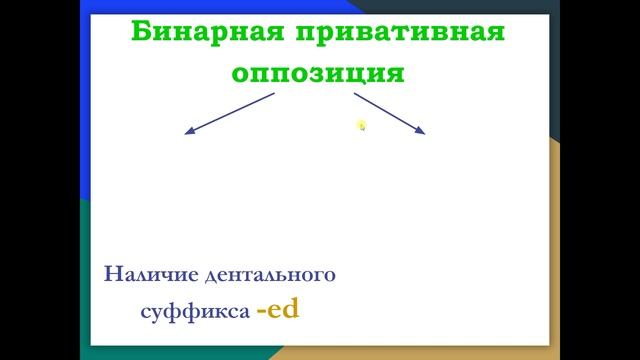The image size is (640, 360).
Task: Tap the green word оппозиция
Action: (x=318, y=73)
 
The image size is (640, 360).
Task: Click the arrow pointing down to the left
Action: (x=230, y=113)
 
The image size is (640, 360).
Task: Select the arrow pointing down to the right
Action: (x=390, y=113)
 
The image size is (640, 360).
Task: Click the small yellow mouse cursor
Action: (x=361, y=125)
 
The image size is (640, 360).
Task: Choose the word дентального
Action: (x=268, y=273)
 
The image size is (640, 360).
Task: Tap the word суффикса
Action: (x=195, y=311)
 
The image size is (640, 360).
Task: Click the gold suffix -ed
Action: (x=277, y=310)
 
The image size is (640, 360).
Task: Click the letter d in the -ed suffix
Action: (x=290, y=309)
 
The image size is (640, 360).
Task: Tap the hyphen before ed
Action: (x=260, y=312)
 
